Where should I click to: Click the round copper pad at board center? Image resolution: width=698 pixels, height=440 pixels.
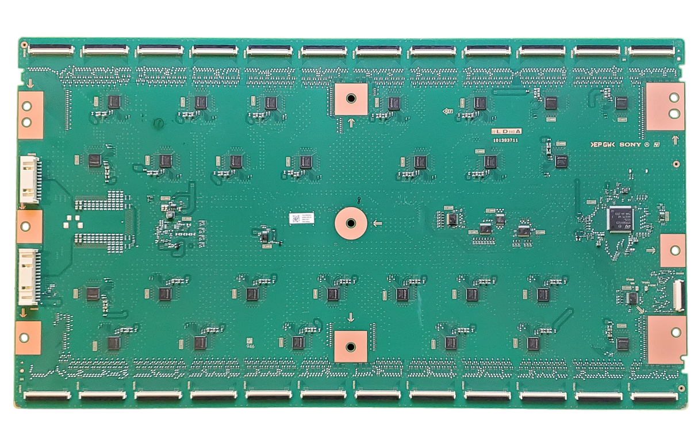pos(351,222)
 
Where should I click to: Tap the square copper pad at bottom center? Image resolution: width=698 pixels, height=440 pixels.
pos(350,346)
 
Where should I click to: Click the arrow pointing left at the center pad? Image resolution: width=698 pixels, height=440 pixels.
pos(378,222)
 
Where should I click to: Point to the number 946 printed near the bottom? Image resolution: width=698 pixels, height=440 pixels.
pos(250,345)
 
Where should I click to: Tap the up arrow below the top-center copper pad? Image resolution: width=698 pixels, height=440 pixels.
pos(351,122)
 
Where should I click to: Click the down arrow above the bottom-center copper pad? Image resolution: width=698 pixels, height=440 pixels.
pos(351,317)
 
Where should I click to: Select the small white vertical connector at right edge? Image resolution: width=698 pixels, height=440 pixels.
pos(677,294)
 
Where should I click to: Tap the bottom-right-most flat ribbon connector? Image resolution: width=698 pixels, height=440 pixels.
pos(653,396)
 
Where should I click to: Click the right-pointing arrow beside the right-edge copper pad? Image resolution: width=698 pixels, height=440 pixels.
pos(650,250)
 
